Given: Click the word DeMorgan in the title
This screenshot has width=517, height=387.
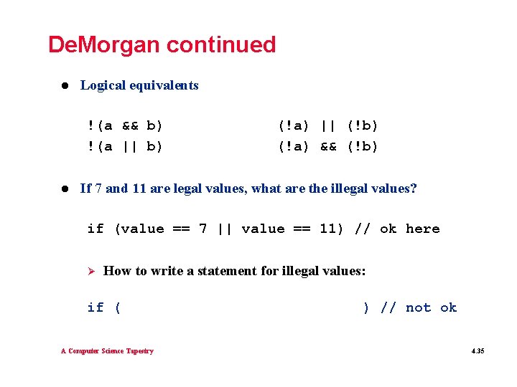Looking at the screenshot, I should point(104,44).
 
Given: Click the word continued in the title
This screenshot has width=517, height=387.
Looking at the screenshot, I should point(220,44).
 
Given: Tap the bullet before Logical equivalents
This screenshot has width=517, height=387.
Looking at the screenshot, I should point(64,85).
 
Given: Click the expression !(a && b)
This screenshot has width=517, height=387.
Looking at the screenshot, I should point(125,126).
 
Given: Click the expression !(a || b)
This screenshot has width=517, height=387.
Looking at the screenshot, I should point(125,147).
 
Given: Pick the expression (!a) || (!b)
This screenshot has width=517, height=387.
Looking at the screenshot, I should point(328,126).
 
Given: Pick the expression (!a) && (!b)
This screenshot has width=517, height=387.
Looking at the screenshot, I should point(328,147).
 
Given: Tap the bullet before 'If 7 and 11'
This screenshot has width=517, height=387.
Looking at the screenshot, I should point(64,189).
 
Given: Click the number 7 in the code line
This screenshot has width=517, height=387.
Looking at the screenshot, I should point(203,229).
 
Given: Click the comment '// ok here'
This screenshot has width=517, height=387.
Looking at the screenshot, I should point(398,229).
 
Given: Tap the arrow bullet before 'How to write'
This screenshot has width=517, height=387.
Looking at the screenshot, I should point(90,271).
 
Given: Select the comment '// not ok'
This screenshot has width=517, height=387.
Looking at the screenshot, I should point(419,308).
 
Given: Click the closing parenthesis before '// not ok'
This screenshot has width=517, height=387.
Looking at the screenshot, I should point(366,308).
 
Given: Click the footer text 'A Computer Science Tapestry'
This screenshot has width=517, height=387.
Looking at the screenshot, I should point(107,351).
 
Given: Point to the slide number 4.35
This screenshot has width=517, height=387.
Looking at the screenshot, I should point(478,352).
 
